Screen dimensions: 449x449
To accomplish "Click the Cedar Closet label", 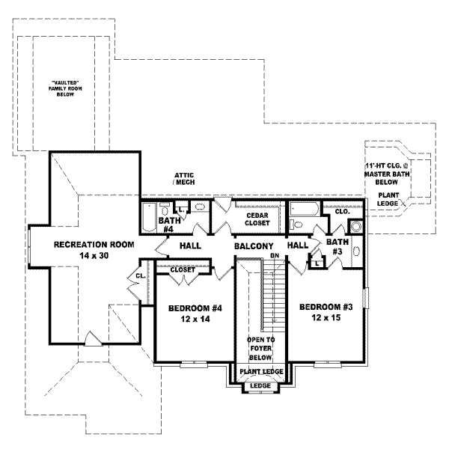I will coord(257,219).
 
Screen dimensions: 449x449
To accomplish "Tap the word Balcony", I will coord(254,245).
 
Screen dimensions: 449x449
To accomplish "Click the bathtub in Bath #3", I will coord(306,209).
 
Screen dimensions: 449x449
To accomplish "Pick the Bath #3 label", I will coord(338,246).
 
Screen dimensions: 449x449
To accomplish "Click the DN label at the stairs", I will coord(274,256).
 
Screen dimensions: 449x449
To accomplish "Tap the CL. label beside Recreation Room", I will coord(140,277).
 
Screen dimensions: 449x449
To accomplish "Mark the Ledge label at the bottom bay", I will coord(260,386).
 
